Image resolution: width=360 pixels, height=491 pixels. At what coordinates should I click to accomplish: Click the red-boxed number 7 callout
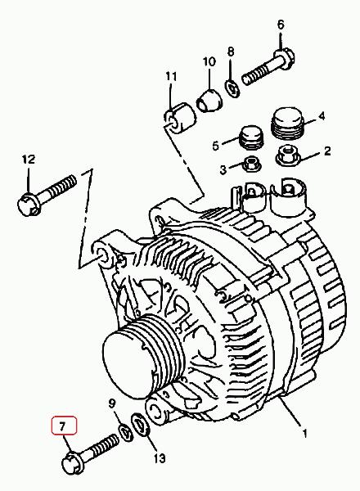point(64,426)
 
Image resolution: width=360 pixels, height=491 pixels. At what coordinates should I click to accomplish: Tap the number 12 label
point(29,160)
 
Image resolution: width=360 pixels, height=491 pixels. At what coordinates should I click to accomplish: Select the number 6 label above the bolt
point(281,25)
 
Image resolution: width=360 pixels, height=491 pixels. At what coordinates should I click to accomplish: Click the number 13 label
point(159,459)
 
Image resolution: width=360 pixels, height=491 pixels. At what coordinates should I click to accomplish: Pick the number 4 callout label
point(322,116)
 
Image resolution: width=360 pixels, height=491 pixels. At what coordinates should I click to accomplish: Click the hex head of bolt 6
point(284,59)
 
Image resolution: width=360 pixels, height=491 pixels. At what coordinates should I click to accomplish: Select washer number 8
point(232,88)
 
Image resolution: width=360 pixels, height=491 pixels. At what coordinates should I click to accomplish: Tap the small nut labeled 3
point(252,164)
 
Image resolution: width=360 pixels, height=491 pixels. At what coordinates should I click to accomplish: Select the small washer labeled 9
point(125,432)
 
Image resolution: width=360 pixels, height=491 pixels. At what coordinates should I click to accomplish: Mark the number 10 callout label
point(209,61)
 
